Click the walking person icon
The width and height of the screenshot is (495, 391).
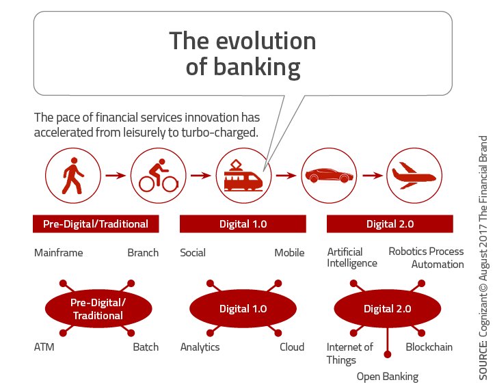(72, 176)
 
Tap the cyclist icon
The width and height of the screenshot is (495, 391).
(157, 176)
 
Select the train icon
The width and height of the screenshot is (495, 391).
(242, 176)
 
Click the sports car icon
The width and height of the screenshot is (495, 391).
(327, 176)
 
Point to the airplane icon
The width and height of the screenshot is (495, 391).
(413, 176)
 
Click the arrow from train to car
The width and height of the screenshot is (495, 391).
(285, 176)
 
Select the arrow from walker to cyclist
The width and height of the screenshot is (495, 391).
(115, 176)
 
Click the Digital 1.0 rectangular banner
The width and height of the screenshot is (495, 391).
(242, 224)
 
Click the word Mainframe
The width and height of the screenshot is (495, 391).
(58, 253)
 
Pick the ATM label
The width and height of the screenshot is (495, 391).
(44, 347)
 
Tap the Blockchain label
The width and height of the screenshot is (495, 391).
(429, 347)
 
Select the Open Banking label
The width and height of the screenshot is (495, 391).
(387, 377)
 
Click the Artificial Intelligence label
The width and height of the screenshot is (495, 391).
(351, 258)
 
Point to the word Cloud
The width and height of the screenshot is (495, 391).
(291, 347)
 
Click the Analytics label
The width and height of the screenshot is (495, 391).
(200, 347)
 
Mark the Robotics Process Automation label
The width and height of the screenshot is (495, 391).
(427, 258)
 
